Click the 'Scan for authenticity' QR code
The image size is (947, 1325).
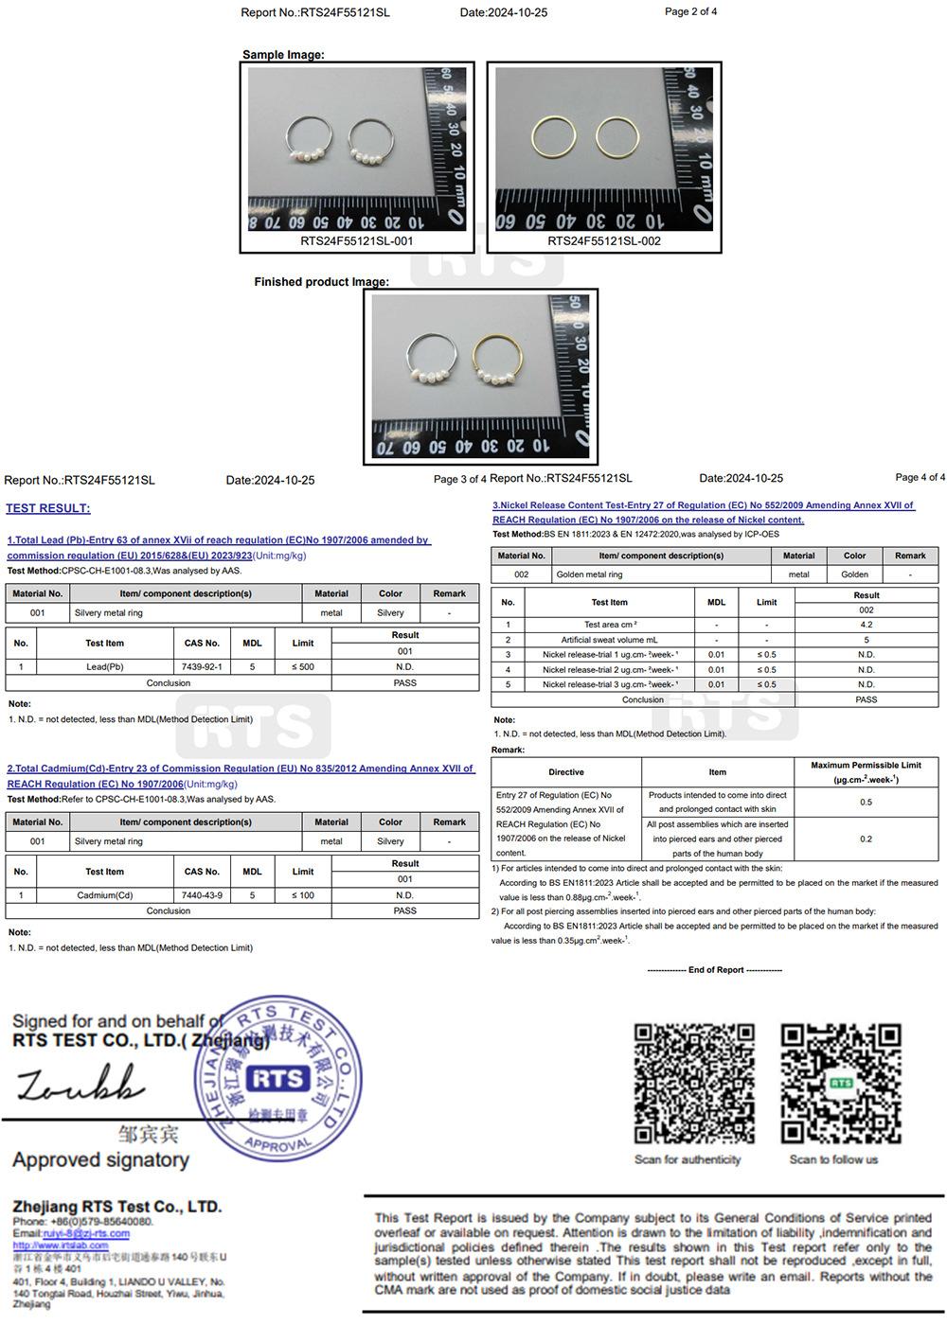coord(694,1085)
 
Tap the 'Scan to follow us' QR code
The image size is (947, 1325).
coord(840,1085)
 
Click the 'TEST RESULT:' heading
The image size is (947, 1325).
coord(48,508)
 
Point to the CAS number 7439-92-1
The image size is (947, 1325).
coord(202,667)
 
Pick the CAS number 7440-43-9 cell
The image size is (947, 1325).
coord(202,895)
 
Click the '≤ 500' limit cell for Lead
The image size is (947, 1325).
coord(303,667)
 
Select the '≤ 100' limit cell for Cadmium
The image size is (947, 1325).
coord(303,895)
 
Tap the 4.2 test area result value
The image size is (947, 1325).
coord(866,625)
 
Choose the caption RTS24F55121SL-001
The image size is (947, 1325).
coord(357,241)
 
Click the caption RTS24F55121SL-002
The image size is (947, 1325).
coord(604,241)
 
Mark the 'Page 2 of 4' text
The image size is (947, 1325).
coord(690,11)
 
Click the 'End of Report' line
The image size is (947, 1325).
coord(715,970)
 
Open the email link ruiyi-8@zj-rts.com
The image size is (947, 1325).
coord(86,1234)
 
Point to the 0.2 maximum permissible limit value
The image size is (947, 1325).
coord(866,839)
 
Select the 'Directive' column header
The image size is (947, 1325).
coord(566,772)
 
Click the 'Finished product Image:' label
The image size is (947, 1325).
coord(321,282)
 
